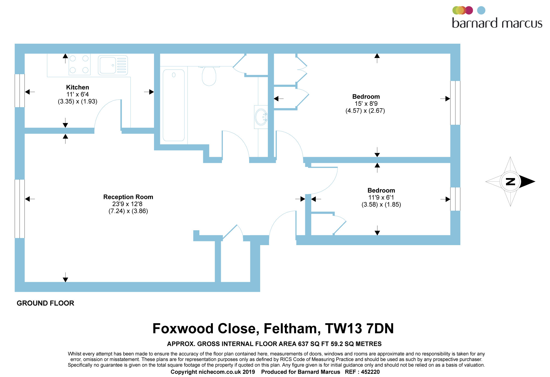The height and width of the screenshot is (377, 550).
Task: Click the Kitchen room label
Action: point(78,87)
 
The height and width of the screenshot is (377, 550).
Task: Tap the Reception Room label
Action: point(128,197)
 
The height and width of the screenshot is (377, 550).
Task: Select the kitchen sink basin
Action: point(108,65)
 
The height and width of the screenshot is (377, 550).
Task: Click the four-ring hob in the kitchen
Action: point(79,64)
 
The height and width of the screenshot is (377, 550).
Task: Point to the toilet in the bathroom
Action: point(209,76)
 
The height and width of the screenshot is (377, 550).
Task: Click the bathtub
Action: point(174,105)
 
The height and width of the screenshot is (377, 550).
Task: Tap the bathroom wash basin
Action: point(261,117)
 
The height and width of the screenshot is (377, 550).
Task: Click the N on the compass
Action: point(510,182)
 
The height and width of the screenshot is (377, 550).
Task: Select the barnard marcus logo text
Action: point(497,23)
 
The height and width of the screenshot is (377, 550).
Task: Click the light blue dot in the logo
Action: point(481,10)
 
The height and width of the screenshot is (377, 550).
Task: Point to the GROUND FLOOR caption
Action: point(45,303)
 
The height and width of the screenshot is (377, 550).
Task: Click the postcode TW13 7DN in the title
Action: point(359,329)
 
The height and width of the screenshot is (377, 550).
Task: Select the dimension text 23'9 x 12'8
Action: point(127,204)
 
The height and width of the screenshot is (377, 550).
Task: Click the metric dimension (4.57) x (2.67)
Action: point(365,111)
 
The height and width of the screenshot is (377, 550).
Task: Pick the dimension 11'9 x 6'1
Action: point(381,197)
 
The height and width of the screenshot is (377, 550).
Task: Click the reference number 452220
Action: point(370,372)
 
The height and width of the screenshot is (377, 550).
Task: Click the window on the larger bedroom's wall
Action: point(455,103)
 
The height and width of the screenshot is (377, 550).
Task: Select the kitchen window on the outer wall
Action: point(20,90)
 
